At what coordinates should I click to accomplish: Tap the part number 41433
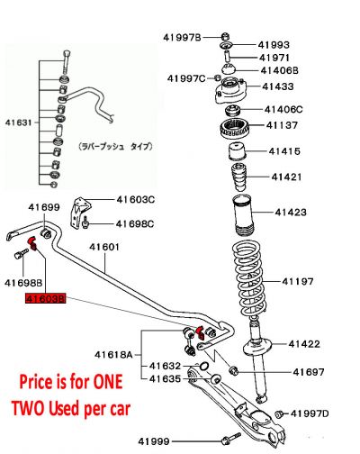pos(277,86)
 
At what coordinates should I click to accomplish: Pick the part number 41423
pos(291,213)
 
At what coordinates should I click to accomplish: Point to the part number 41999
pos(153,440)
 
